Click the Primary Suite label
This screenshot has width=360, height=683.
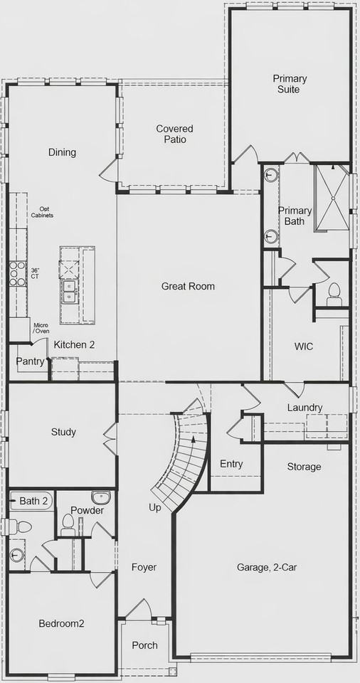pos(289,84)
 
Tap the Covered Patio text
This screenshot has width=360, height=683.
pos(175,134)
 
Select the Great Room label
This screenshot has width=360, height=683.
pos(188,286)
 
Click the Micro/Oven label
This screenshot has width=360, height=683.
pos(41,329)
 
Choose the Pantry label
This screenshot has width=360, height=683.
pos(31,361)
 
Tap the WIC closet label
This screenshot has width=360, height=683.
pos(305,346)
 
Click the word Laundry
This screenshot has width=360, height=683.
pos(305,408)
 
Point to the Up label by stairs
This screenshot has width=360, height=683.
pos(155,508)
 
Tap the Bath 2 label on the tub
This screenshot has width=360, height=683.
pos(33,501)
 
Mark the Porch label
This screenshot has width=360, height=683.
pos(145,645)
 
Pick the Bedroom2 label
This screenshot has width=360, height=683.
pos(61,623)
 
